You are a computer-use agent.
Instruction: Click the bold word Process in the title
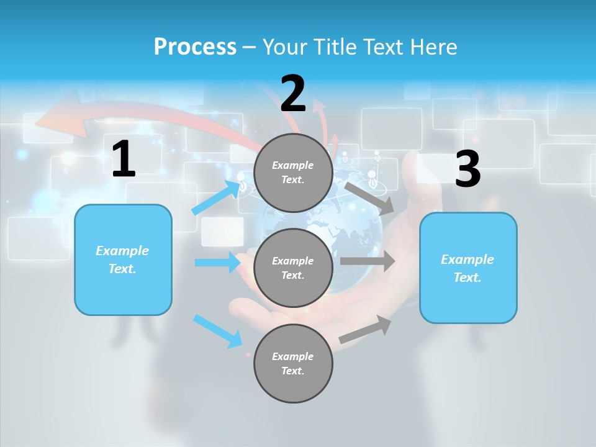[195, 47]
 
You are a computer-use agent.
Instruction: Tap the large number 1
[124, 160]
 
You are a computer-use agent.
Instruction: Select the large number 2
[293, 94]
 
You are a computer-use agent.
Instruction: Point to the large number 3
[467, 169]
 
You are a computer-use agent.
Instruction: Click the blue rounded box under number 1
[123, 260]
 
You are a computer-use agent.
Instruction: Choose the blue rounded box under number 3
[468, 268]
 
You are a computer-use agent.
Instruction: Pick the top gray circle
[293, 173]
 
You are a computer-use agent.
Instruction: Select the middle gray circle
[293, 268]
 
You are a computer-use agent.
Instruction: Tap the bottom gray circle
[293, 364]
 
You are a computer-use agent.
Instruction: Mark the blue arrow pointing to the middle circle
[217, 263]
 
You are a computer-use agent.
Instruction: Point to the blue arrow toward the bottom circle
[217, 330]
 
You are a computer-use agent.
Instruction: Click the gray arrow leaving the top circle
[370, 198]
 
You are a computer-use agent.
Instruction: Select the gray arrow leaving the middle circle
[368, 261]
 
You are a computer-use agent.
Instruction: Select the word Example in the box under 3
[467, 260]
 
